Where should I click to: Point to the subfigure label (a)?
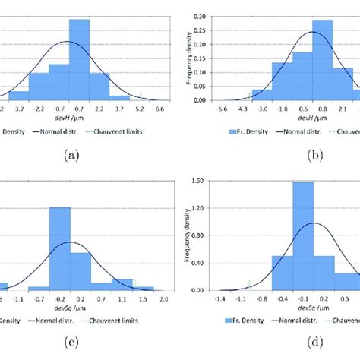click(71, 156)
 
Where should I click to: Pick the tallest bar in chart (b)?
click(322, 60)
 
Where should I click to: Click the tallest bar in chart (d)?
click(303, 235)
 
